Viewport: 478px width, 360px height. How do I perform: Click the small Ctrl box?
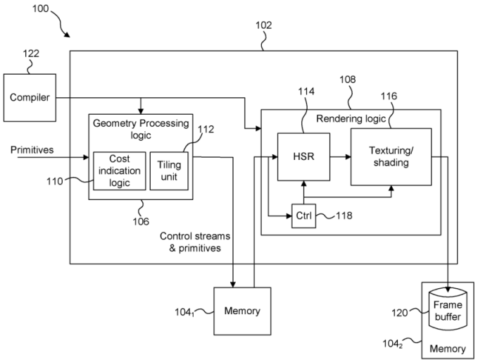pos(303,216)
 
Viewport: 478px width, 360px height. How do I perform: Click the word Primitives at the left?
pos(32,150)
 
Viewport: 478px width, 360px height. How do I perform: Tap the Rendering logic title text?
pos(349,118)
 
